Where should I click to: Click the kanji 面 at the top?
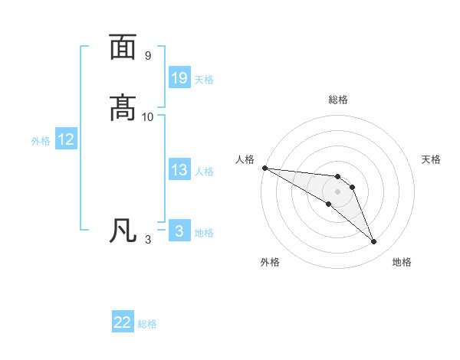(123, 47)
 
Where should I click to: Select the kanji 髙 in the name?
(123, 106)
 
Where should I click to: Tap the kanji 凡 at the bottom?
(123, 230)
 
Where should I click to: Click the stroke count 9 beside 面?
(147, 56)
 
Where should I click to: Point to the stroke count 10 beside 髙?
(147, 116)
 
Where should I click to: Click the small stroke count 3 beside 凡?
(147, 240)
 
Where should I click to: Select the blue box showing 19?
(179, 77)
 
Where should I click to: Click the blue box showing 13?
(179, 170)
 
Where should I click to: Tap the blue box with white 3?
(179, 231)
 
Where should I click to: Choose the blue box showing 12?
(66, 139)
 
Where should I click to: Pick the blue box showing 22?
(123, 322)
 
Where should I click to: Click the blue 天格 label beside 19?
(204, 79)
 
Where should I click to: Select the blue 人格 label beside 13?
(204, 172)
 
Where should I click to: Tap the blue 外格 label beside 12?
(41, 141)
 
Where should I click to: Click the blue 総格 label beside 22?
(147, 324)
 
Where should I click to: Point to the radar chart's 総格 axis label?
(337, 100)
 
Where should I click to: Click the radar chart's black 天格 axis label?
(432, 159)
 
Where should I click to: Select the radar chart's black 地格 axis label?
(402, 263)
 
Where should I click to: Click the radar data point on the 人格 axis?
(264, 168)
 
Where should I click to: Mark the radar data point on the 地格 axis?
(374, 242)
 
